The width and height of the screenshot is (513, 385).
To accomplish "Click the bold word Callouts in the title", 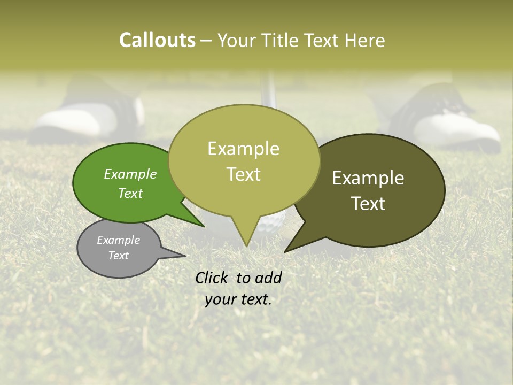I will click(x=157, y=40).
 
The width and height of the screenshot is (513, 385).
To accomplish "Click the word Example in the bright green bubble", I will click(x=130, y=174).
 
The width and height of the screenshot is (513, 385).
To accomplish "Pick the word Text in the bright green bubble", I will click(x=130, y=193).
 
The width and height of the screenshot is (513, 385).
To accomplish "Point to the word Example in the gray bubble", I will click(x=118, y=240).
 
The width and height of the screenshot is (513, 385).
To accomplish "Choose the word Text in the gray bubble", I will click(x=118, y=256).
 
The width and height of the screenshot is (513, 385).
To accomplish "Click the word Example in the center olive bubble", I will click(x=243, y=149).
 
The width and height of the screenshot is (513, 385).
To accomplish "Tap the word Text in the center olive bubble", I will click(x=243, y=174).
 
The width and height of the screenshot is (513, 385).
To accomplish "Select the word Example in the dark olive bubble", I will click(x=368, y=178).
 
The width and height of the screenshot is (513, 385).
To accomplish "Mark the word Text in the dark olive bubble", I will click(x=368, y=204).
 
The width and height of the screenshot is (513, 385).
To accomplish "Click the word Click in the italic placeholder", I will click(x=213, y=278).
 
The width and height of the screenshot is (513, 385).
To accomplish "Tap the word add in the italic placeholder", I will click(x=268, y=278).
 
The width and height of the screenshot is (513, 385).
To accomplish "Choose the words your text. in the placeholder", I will click(x=238, y=299).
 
